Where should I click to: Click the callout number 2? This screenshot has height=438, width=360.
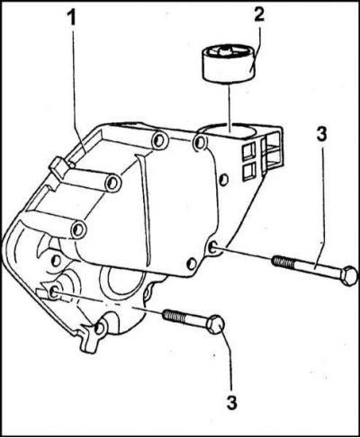[259, 14]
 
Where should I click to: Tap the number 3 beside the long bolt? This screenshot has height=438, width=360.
[321, 135]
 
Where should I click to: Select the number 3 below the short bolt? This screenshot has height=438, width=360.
[231, 402]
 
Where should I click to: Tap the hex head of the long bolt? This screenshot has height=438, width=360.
[350, 275]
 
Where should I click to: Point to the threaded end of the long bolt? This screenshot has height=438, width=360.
[283, 262]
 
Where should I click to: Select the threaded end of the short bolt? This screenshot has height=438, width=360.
[174, 315]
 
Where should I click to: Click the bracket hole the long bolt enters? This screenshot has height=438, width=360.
[214, 247]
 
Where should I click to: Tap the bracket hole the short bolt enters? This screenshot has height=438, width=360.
[54, 291]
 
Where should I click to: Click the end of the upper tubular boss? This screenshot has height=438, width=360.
[113, 183]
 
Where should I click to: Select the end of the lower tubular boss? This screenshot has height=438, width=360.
[79, 230]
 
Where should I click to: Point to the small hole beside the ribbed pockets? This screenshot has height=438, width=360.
[224, 180]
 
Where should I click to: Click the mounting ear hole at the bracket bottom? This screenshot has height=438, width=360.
[99, 328]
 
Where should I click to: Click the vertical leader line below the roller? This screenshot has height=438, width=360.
[229, 107]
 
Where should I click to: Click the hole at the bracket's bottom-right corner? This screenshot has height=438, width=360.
[192, 264]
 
